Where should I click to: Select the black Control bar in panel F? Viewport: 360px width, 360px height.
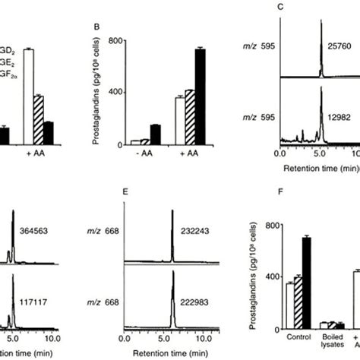click(307, 282)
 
